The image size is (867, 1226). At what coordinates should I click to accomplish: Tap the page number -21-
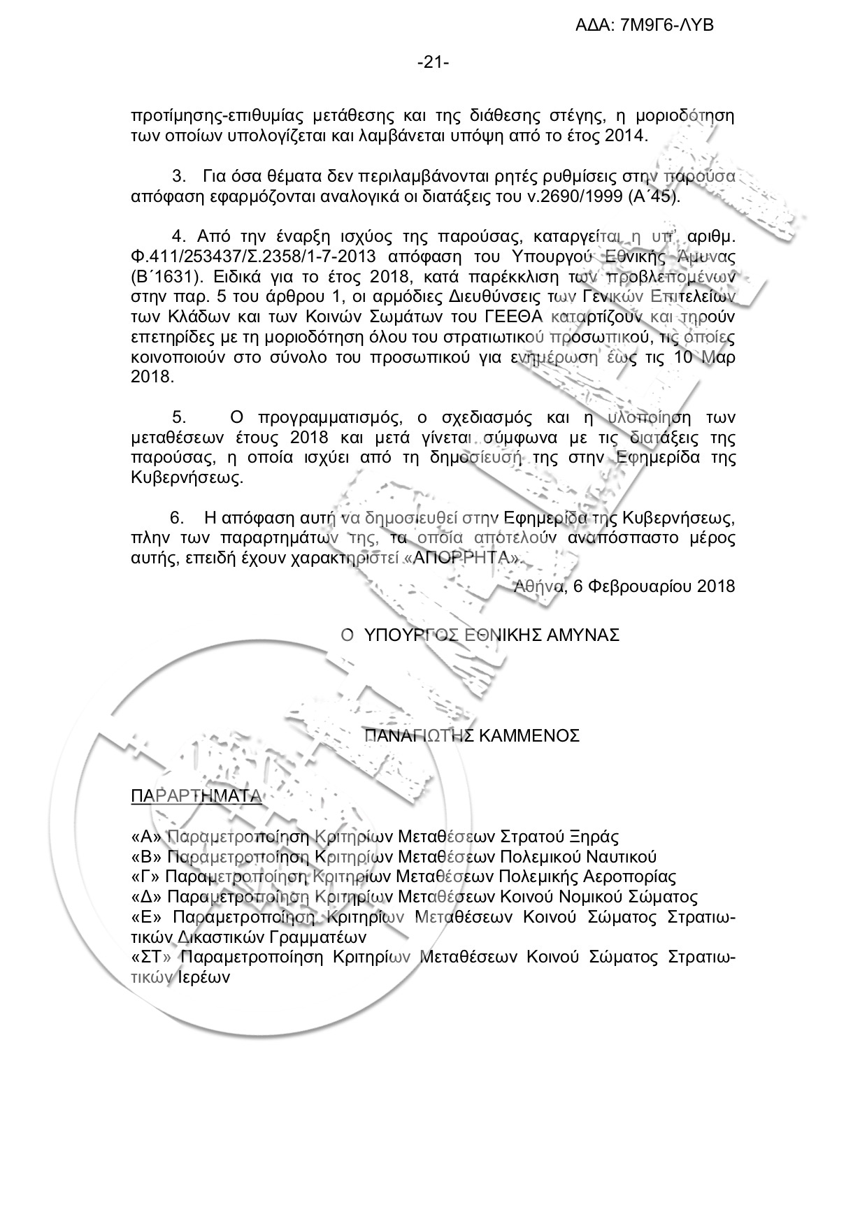[x=433, y=64]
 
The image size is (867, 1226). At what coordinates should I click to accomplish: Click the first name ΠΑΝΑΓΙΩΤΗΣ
[x=420, y=735]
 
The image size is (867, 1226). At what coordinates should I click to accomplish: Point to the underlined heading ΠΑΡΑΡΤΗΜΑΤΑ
[x=196, y=797]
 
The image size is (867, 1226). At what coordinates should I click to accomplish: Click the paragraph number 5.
[x=179, y=418]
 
